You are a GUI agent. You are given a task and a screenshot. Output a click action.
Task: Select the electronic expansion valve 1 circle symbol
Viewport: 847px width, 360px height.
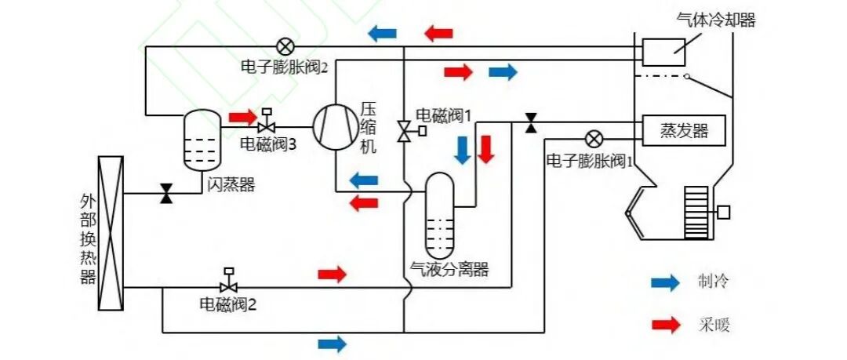pyautogui.click(x=594, y=140)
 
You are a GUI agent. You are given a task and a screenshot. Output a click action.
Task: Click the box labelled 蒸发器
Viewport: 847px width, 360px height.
pyautogui.click(x=684, y=130)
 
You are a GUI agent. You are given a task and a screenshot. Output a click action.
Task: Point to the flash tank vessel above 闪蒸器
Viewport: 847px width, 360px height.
pyautogui.click(x=202, y=140)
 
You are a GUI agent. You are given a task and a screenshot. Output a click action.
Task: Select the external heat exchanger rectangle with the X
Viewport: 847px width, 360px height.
pyautogui.click(x=110, y=233)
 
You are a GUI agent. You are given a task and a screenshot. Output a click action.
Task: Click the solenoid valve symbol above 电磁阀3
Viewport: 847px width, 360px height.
pyautogui.click(x=267, y=123)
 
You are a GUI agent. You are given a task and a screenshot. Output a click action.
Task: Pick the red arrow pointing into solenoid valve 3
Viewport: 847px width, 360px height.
pyautogui.click(x=242, y=117)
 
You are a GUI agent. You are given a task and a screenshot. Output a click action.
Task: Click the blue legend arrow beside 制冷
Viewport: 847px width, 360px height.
pyautogui.click(x=665, y=283)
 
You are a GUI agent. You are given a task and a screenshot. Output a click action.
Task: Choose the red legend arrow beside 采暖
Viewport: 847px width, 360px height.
pyautogui.click(x=665, y=324)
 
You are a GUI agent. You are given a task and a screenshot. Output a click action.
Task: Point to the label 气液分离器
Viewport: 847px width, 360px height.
pyautogui.click(x=449, y=269)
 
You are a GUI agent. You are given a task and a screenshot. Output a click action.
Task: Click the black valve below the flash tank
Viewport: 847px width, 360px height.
pyautogui.click(x=166, y=193)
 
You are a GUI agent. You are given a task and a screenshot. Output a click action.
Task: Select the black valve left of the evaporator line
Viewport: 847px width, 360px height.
pyautogui.click(x=531, y=122)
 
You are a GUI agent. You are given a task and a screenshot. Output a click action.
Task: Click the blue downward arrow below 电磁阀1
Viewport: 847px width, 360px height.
pyautogui.click(x=463, y=149)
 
